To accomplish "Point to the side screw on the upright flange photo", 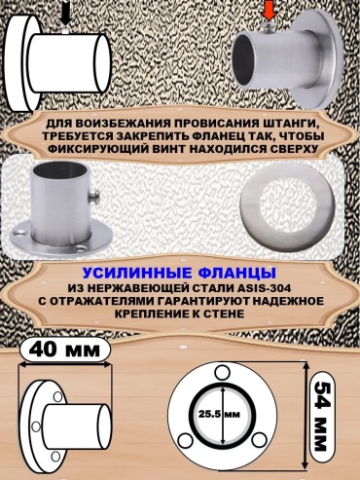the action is pos(95,197).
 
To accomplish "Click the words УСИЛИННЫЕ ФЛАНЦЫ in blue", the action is pos(179,274).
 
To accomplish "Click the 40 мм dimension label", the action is pos(65,351).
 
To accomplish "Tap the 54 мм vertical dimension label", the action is pos(322,416).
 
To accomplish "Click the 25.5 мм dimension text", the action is pos(218,415).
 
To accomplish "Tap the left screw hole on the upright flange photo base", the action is pos(18,233).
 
